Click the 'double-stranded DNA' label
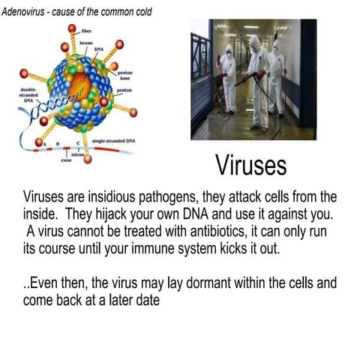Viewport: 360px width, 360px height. [x=25, y=94]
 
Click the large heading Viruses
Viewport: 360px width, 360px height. [x=250, y=164]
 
